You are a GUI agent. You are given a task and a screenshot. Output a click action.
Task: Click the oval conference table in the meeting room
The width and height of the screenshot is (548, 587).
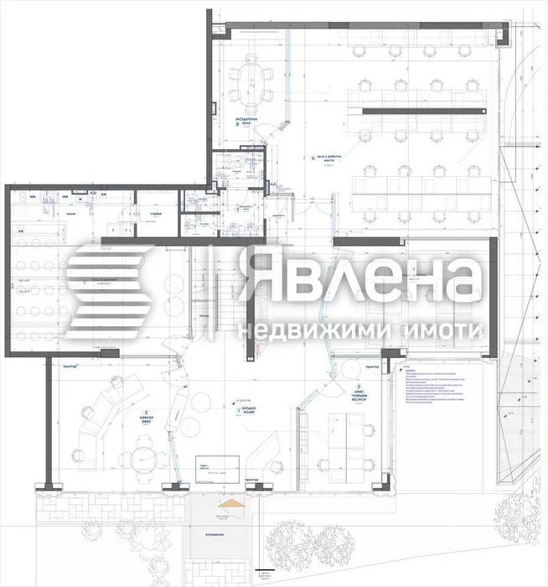[252, 83]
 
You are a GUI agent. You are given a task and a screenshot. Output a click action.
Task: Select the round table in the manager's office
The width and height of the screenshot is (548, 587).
[136, 458]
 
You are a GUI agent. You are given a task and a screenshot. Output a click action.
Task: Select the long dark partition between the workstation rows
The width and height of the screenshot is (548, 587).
[422, 111]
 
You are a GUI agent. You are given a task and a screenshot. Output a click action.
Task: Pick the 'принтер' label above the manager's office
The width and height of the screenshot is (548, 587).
[70, 366]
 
